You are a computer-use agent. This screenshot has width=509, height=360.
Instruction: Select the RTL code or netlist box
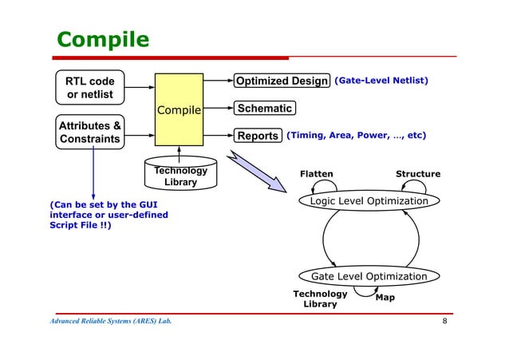click(x=89, y=89)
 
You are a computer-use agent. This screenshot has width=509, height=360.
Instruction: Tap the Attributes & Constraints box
click(x=89, y=133)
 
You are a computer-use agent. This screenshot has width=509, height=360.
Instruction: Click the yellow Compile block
click(x=179, y=109)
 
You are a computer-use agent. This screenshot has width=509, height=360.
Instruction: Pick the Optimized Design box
click(x=281, y=81)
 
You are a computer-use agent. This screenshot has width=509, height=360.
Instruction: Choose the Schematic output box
click(x=263, y=108)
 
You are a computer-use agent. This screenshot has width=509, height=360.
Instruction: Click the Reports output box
click(x=256, y=136)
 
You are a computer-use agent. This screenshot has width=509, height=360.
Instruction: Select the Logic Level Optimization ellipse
click(x=369, y=201)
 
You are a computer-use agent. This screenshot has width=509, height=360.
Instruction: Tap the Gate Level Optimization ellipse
click(x=369, y=276)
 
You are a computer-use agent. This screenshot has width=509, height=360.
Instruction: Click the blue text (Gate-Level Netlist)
click(x=381, y=81)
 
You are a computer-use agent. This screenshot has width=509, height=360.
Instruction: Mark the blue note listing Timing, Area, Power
click(x=356, y=136)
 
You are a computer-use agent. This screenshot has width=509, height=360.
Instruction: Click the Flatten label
click(x=316, y=173)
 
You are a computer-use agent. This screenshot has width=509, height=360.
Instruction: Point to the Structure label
click(x=417, y=173)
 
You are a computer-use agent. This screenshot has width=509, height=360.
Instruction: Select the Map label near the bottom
click(x=385, y=298)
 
